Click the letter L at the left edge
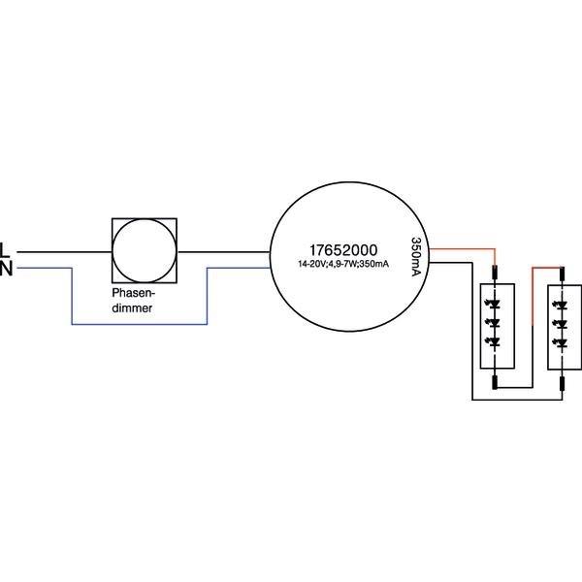pos(5,249)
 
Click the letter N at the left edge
pos(5,269)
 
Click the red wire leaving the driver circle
pos(461,248)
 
